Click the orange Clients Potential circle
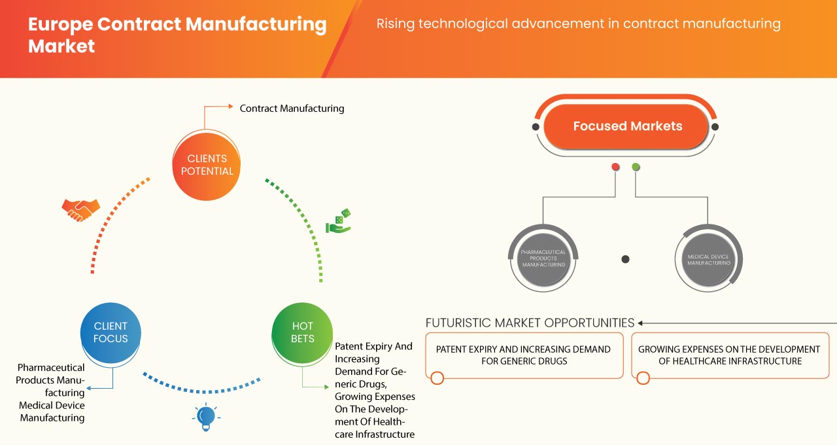tap(206, 165)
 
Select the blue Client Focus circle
tap(111, 332)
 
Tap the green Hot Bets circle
tap(302, 332)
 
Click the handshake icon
tap(80, 209)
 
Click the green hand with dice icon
tap(339, 222)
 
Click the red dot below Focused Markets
tap(615, 168)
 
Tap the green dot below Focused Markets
tap(636, 168)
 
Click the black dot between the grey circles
tap(625, 259)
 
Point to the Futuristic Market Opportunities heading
tap(530, 323)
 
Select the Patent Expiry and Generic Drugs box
tap(523, 355)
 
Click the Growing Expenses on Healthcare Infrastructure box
tap(729, 355)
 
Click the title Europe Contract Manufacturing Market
tap(177, 35)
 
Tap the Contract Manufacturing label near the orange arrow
tap(292, 108)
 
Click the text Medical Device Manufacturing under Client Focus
tap(52, 412)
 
